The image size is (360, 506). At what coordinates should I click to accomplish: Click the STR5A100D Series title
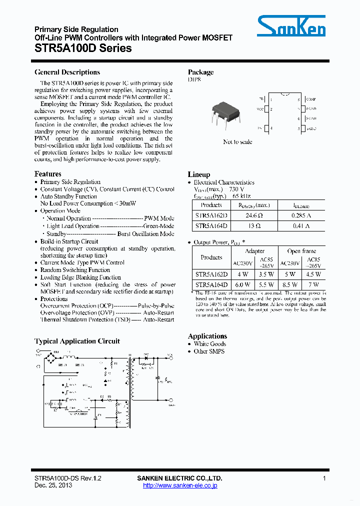click(x=83, y=48)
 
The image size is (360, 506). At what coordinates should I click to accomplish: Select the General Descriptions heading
click(x=67, y=72)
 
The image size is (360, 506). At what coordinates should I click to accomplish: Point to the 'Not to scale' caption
click(x=237, y=142)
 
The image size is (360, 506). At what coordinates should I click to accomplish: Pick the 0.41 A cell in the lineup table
click(x=300, y=226)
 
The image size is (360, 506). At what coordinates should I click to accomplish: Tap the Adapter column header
click(x=254, y=251)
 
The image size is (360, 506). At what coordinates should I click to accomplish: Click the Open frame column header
click(x=301, y=251)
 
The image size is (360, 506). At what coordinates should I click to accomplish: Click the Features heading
click(x=48, y=174)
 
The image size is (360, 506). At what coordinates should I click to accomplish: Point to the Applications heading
click(x=207, y=336)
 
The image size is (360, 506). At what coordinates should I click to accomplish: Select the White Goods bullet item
click(x=209, y=344)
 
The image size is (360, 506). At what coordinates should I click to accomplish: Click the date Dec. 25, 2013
click(x=53, y=485)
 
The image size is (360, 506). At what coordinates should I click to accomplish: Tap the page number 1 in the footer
click(x=324, y=478)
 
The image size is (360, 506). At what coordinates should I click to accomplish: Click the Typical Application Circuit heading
click(x=77, y=341)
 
